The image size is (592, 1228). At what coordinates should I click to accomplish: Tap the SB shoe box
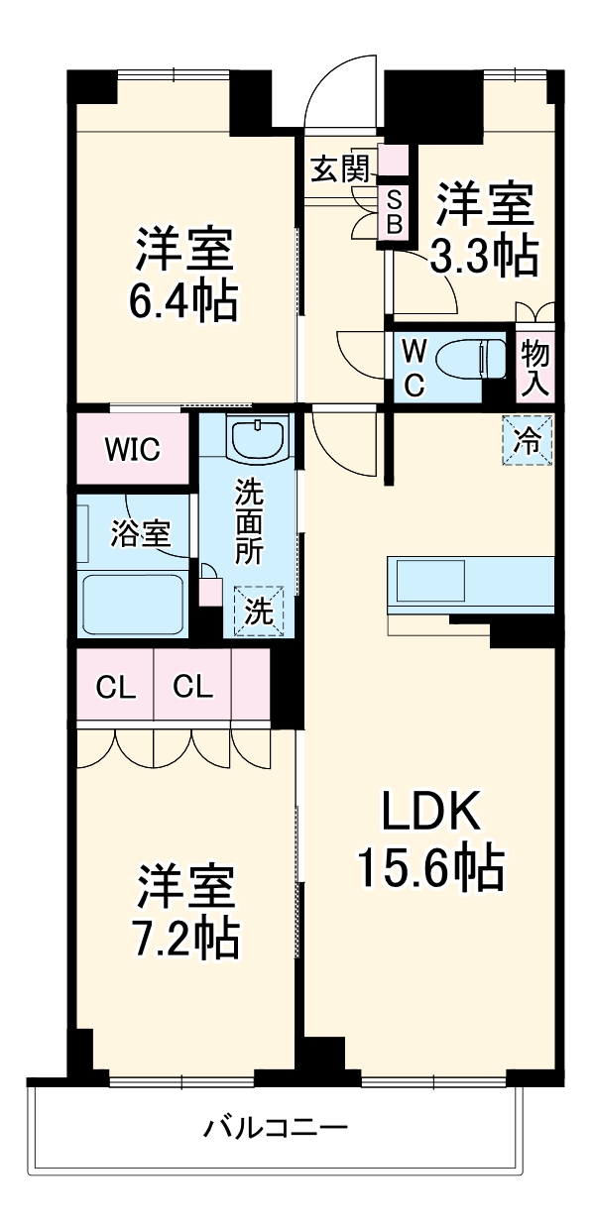point(394,211)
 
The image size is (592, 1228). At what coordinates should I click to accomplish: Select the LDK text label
point(432,814)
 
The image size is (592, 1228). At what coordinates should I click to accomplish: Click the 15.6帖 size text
point(432,869)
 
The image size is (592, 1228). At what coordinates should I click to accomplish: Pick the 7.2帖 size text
point(186,937)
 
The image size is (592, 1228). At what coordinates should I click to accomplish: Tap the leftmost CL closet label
point(115,687)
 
